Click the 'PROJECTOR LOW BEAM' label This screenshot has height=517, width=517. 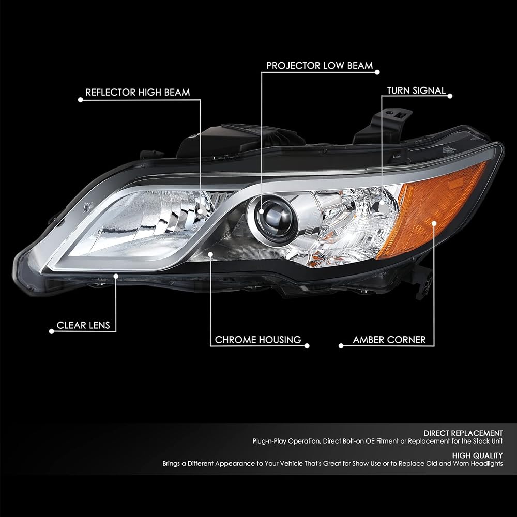320,66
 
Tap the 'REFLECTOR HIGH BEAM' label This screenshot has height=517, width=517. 138,93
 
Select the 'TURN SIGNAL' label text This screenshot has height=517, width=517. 416,90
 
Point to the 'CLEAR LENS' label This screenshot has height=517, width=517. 83,325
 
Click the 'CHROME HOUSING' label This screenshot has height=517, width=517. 258,340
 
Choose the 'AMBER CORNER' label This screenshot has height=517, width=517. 389,340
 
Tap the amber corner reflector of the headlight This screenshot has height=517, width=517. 432,208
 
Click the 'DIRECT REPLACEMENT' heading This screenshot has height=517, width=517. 463,433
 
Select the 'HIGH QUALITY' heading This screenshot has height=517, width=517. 477,455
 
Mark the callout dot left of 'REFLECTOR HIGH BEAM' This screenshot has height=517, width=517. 81,100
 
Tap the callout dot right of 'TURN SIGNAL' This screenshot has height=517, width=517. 450,96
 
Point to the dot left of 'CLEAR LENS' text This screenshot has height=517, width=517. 51,331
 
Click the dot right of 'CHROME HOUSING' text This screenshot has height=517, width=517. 307,346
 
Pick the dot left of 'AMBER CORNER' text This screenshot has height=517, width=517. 341,346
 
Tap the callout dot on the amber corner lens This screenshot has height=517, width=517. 434,223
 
